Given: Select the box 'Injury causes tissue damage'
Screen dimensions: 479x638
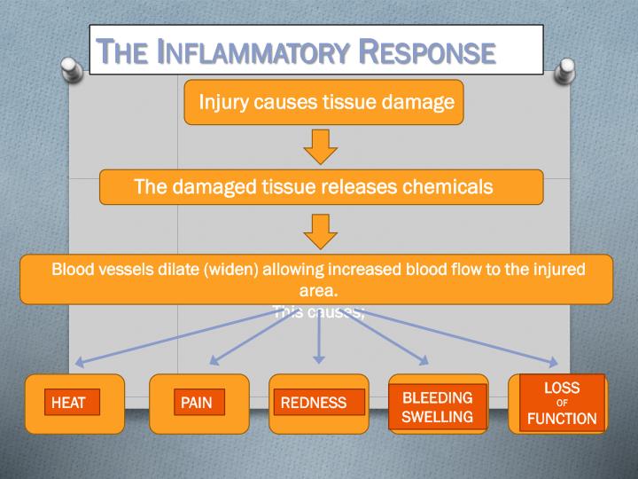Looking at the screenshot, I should (325, 103).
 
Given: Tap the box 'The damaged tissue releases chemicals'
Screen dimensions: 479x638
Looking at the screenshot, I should (320, 187).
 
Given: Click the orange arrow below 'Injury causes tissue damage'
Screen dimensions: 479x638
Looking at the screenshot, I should (320, 146).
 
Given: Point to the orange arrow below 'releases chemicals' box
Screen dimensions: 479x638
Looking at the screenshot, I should (320, 232).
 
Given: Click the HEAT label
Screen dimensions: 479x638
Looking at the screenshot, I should (68, 403).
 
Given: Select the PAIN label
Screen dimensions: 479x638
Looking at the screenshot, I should (197, 403).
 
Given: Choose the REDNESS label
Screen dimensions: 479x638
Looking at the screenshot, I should (314, 403).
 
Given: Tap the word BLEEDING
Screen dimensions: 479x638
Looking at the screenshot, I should (438, 397).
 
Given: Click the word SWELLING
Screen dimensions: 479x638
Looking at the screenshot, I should (438, 417).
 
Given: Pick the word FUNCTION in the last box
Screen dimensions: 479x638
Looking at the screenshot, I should (562, 419).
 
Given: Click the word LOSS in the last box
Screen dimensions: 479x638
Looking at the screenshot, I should (562, 389).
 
